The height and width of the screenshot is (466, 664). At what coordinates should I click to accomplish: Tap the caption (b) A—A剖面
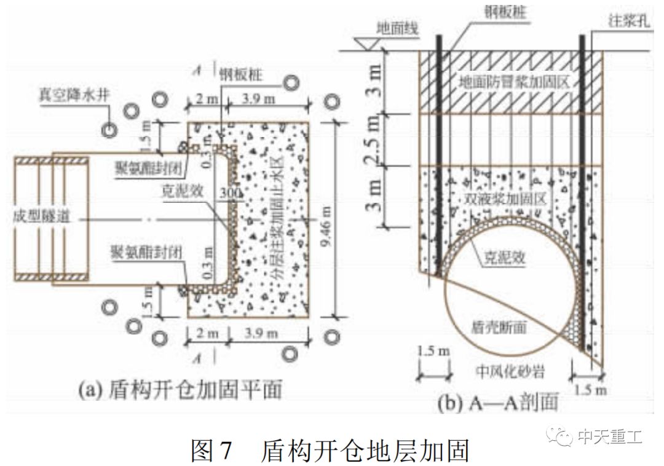[498, 403]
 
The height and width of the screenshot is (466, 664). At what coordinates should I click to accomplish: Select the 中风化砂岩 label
[512, 371]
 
